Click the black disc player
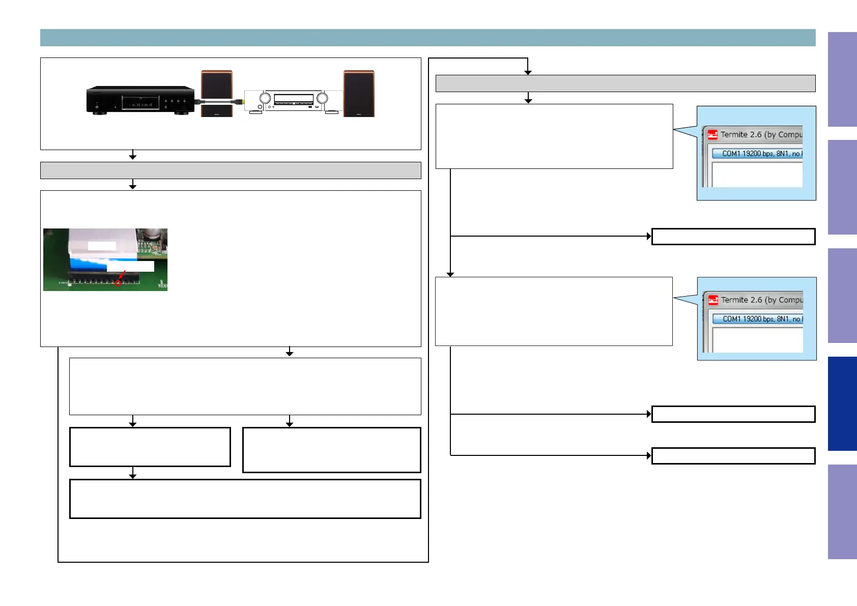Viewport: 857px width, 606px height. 140,100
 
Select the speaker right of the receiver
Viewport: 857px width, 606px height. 359,94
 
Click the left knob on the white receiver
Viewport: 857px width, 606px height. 265,98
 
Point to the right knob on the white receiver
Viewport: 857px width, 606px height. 322,98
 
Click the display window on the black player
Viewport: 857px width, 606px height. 140,103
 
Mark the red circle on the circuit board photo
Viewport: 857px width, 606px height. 118,283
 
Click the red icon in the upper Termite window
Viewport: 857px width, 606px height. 712,135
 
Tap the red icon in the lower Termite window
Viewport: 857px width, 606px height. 713,300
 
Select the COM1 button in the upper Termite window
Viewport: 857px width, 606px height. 757,153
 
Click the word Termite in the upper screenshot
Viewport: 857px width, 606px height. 734,134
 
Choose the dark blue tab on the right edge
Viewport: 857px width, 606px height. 842,403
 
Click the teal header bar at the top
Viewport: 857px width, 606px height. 427,38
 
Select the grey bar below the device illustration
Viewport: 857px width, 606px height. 231,170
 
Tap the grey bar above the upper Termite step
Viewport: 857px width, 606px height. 625,83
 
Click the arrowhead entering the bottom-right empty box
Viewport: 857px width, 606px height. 649,455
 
